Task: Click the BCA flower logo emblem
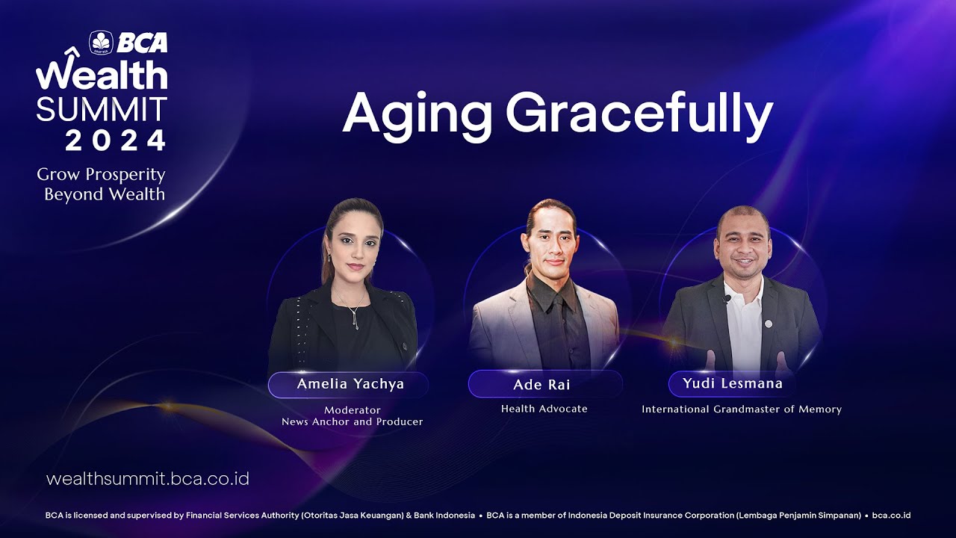point(101,43)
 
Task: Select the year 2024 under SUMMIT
point(115,140)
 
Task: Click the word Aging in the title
point(417,114)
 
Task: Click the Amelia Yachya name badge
point(348,384)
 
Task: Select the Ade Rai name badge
point(544,384)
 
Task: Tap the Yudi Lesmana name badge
point(733,383)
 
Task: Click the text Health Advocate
point(544,409)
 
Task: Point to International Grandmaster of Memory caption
point(742,409)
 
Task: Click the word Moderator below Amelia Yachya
point(352,410)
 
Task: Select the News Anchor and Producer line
point(352,422)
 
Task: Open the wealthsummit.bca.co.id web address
point(148,478)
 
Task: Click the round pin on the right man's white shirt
point(769,324)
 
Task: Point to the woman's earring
point(329,258)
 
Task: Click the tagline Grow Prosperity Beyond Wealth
point(101,184)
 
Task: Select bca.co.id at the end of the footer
point(891,516)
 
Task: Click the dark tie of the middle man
point(560,329)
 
